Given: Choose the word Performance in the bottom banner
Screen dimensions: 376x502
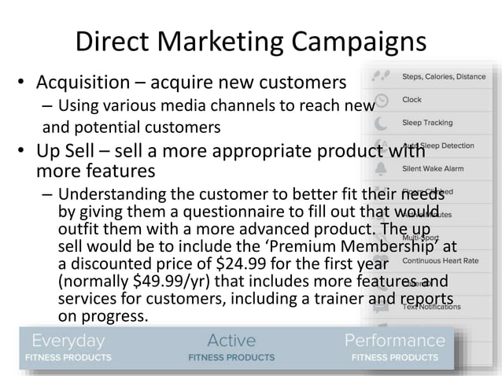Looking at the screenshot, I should point(395,341).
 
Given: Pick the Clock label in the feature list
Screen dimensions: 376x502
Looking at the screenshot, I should point(412,100).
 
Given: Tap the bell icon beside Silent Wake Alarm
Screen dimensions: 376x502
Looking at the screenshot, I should point(382,169).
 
